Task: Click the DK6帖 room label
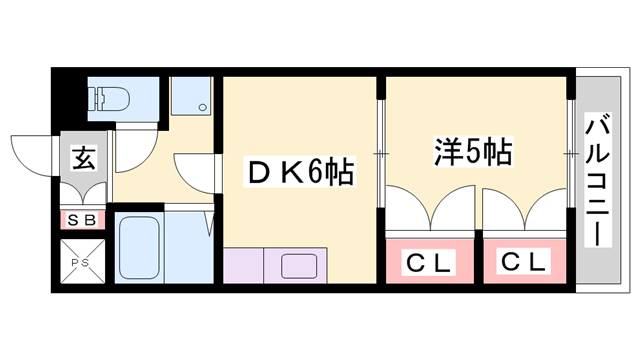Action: [x=299, y=173]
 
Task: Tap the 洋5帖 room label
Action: [x=472, y=153]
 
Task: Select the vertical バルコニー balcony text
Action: [x=598, y=180]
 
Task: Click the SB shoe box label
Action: [x=82, y=219]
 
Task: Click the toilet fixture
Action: [x=108, y=97]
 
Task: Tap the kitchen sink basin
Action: [x=299, y=267]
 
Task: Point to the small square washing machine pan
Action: [x=191, y=97]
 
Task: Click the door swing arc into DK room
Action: [x=196, y=170]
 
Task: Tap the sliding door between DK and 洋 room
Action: [x=380, y=152]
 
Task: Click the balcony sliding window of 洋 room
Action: [x=571, y=152]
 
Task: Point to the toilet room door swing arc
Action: [x=130, y=150]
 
